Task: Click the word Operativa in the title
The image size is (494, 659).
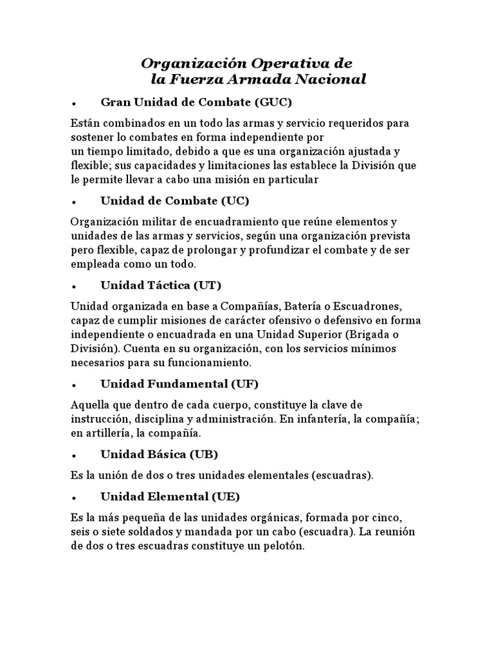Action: coord(283,64)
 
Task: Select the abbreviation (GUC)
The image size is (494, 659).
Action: coord(273,102)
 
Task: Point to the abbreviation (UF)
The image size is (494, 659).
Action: coord(244,384)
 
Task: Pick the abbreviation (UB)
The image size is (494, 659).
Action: coord(204,454)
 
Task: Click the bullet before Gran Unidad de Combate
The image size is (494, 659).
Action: coord(75,103)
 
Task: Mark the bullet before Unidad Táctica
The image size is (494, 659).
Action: coord(75,286)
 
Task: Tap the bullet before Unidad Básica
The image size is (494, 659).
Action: coord(75,456)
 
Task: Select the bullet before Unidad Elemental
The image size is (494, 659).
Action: coord(75,497)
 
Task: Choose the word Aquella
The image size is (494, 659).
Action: coord(91,405)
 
